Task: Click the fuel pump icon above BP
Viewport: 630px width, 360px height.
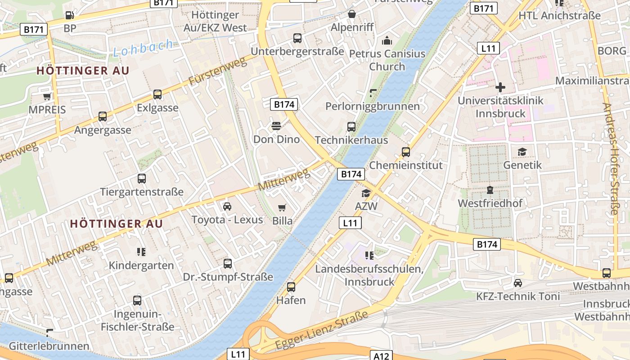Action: [x=69, y=15]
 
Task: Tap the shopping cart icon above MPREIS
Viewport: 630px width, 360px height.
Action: [x=47, y=96]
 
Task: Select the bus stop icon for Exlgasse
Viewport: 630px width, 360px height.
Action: [x=157, y=94]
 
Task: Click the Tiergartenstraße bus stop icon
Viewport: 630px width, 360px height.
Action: [x=142, y=179]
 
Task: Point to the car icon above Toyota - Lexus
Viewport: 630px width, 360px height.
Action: [x=227, y=207]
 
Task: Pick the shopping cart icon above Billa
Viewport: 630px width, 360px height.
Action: [x=282, y=207]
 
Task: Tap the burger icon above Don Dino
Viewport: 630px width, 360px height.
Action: [x=276, y=126]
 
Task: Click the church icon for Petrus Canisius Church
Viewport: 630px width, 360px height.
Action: [x=387, y=41]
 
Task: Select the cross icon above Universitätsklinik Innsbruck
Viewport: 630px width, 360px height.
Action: [x=500, y=87]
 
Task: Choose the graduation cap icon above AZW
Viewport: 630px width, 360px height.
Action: [x=366, y=193]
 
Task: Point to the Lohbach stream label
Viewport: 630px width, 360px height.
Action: [x=143, y=48]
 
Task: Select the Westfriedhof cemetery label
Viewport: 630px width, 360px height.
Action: [x=490, y=203]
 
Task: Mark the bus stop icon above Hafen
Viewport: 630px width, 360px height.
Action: [x=291, y=287]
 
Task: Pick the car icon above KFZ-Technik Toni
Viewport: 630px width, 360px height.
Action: [x=518, y=283]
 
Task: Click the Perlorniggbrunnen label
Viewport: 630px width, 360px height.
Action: [x=373, y=106]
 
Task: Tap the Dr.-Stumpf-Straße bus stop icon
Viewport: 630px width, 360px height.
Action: [x=228, y=263]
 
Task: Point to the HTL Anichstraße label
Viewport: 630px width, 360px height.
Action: [x=559, y=15]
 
